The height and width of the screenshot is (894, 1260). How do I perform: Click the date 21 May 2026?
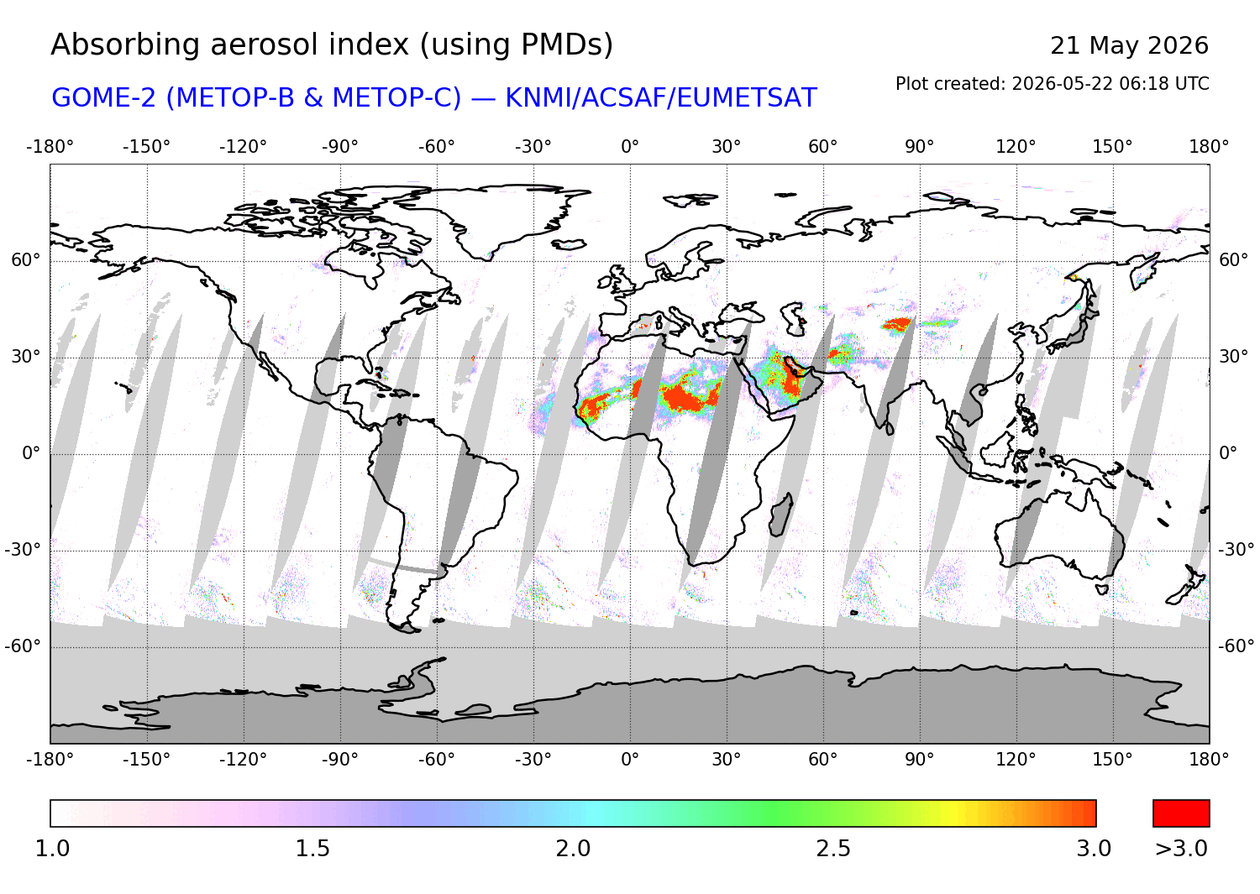pos(1129,45)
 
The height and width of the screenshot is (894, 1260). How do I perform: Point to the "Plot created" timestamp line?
pos(1052,84)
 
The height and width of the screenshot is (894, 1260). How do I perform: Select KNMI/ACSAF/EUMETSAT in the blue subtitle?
pos(661,98)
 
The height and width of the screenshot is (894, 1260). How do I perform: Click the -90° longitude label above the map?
pos(339,147)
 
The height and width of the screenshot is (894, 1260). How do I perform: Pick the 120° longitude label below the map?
pos(1016,760)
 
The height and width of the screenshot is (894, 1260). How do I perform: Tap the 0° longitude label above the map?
pos(630,147)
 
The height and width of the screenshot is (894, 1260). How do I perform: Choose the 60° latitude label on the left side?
pos(26,259)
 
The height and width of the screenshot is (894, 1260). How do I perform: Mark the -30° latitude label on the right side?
pos(1236,549)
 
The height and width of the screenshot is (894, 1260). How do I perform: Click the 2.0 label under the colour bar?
pos(573,849)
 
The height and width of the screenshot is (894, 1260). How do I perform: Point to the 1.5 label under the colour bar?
pos(312,849)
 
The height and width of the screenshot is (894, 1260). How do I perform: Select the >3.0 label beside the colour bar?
pos(1181,849)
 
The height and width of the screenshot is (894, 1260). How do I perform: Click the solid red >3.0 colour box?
pos(1181,813)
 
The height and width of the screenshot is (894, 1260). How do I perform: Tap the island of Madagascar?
pos(780,515)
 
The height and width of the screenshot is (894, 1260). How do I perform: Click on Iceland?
pos(570,244)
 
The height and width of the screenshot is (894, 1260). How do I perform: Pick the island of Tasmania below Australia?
pos(1102,589)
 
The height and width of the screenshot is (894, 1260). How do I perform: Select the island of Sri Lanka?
pos(890,428)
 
